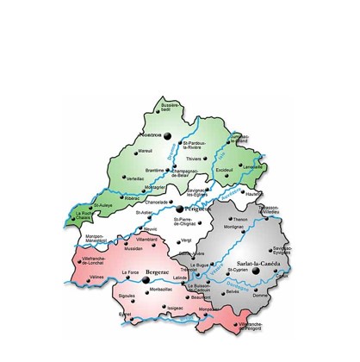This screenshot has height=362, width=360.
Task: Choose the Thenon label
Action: tap(240, 220)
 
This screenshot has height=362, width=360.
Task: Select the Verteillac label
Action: tap(135, 178)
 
